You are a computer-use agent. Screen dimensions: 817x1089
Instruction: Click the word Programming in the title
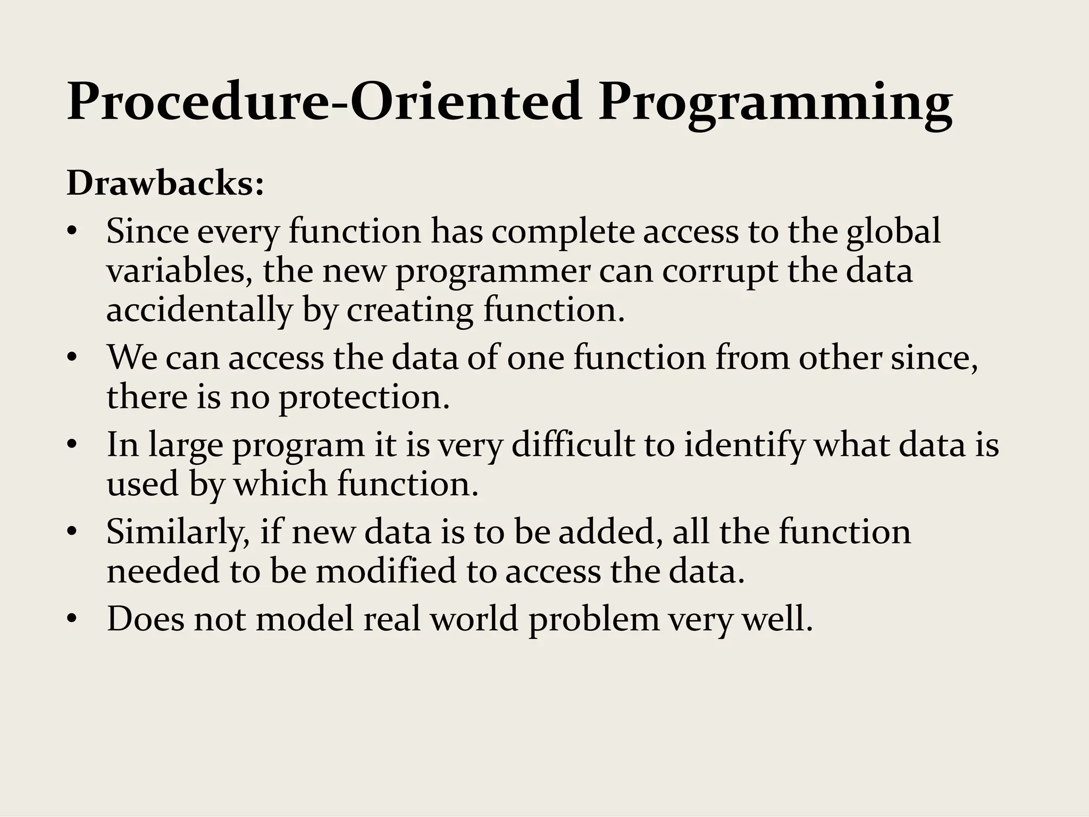point(775,102)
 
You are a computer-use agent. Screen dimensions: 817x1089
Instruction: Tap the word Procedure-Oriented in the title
point(324,101)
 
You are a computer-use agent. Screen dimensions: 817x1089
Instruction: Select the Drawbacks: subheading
point(165,184)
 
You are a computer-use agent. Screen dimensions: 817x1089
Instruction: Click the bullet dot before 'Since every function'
point(73,232)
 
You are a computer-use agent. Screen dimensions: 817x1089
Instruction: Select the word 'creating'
point(410,311)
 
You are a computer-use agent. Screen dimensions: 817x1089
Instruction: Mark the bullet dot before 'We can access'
point(73,359)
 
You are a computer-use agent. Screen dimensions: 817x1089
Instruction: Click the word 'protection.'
point(365,398)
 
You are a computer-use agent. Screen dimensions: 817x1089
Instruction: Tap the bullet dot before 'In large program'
point(73,446)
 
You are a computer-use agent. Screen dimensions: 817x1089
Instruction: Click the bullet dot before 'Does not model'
point(73,620)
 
